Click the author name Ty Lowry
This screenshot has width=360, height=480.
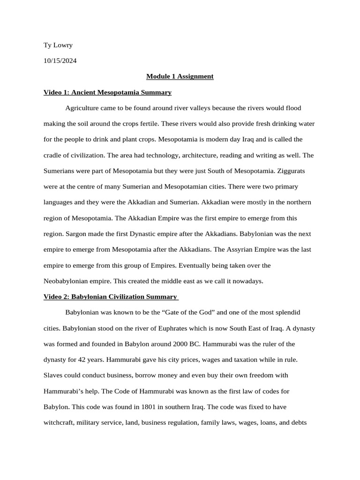58,45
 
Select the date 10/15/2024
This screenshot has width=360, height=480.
60,60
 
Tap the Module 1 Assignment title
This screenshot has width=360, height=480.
180,76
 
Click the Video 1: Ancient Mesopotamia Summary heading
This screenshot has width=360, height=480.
107,92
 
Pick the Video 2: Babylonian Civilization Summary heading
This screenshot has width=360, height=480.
110,297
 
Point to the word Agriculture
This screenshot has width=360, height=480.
82,108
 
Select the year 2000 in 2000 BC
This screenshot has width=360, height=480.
179,344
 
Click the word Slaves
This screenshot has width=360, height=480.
52,375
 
